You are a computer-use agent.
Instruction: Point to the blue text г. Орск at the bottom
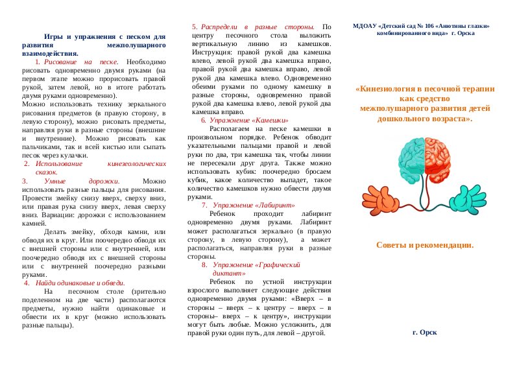(x=424, y=331)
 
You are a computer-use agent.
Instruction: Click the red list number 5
(x=195, y=27)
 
